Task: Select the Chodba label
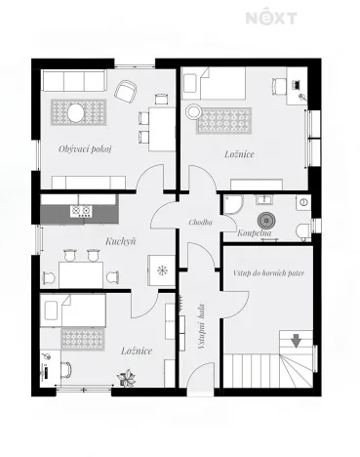[203, 224]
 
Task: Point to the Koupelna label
[255, 234]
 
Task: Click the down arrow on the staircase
[297, 341]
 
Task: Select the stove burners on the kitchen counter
[80, 210]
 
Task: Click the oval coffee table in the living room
[75, 113]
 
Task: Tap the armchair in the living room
[126, 91]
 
